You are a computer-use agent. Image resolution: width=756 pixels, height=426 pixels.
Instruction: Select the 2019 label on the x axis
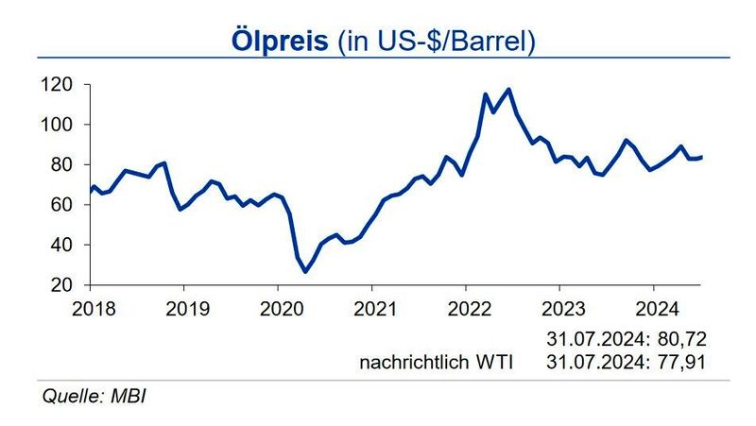(x=182, y=307)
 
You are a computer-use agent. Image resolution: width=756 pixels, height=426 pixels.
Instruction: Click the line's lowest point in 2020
(x=305, y=272)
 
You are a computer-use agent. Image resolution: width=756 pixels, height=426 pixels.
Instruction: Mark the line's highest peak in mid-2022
(x=509, y=89)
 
